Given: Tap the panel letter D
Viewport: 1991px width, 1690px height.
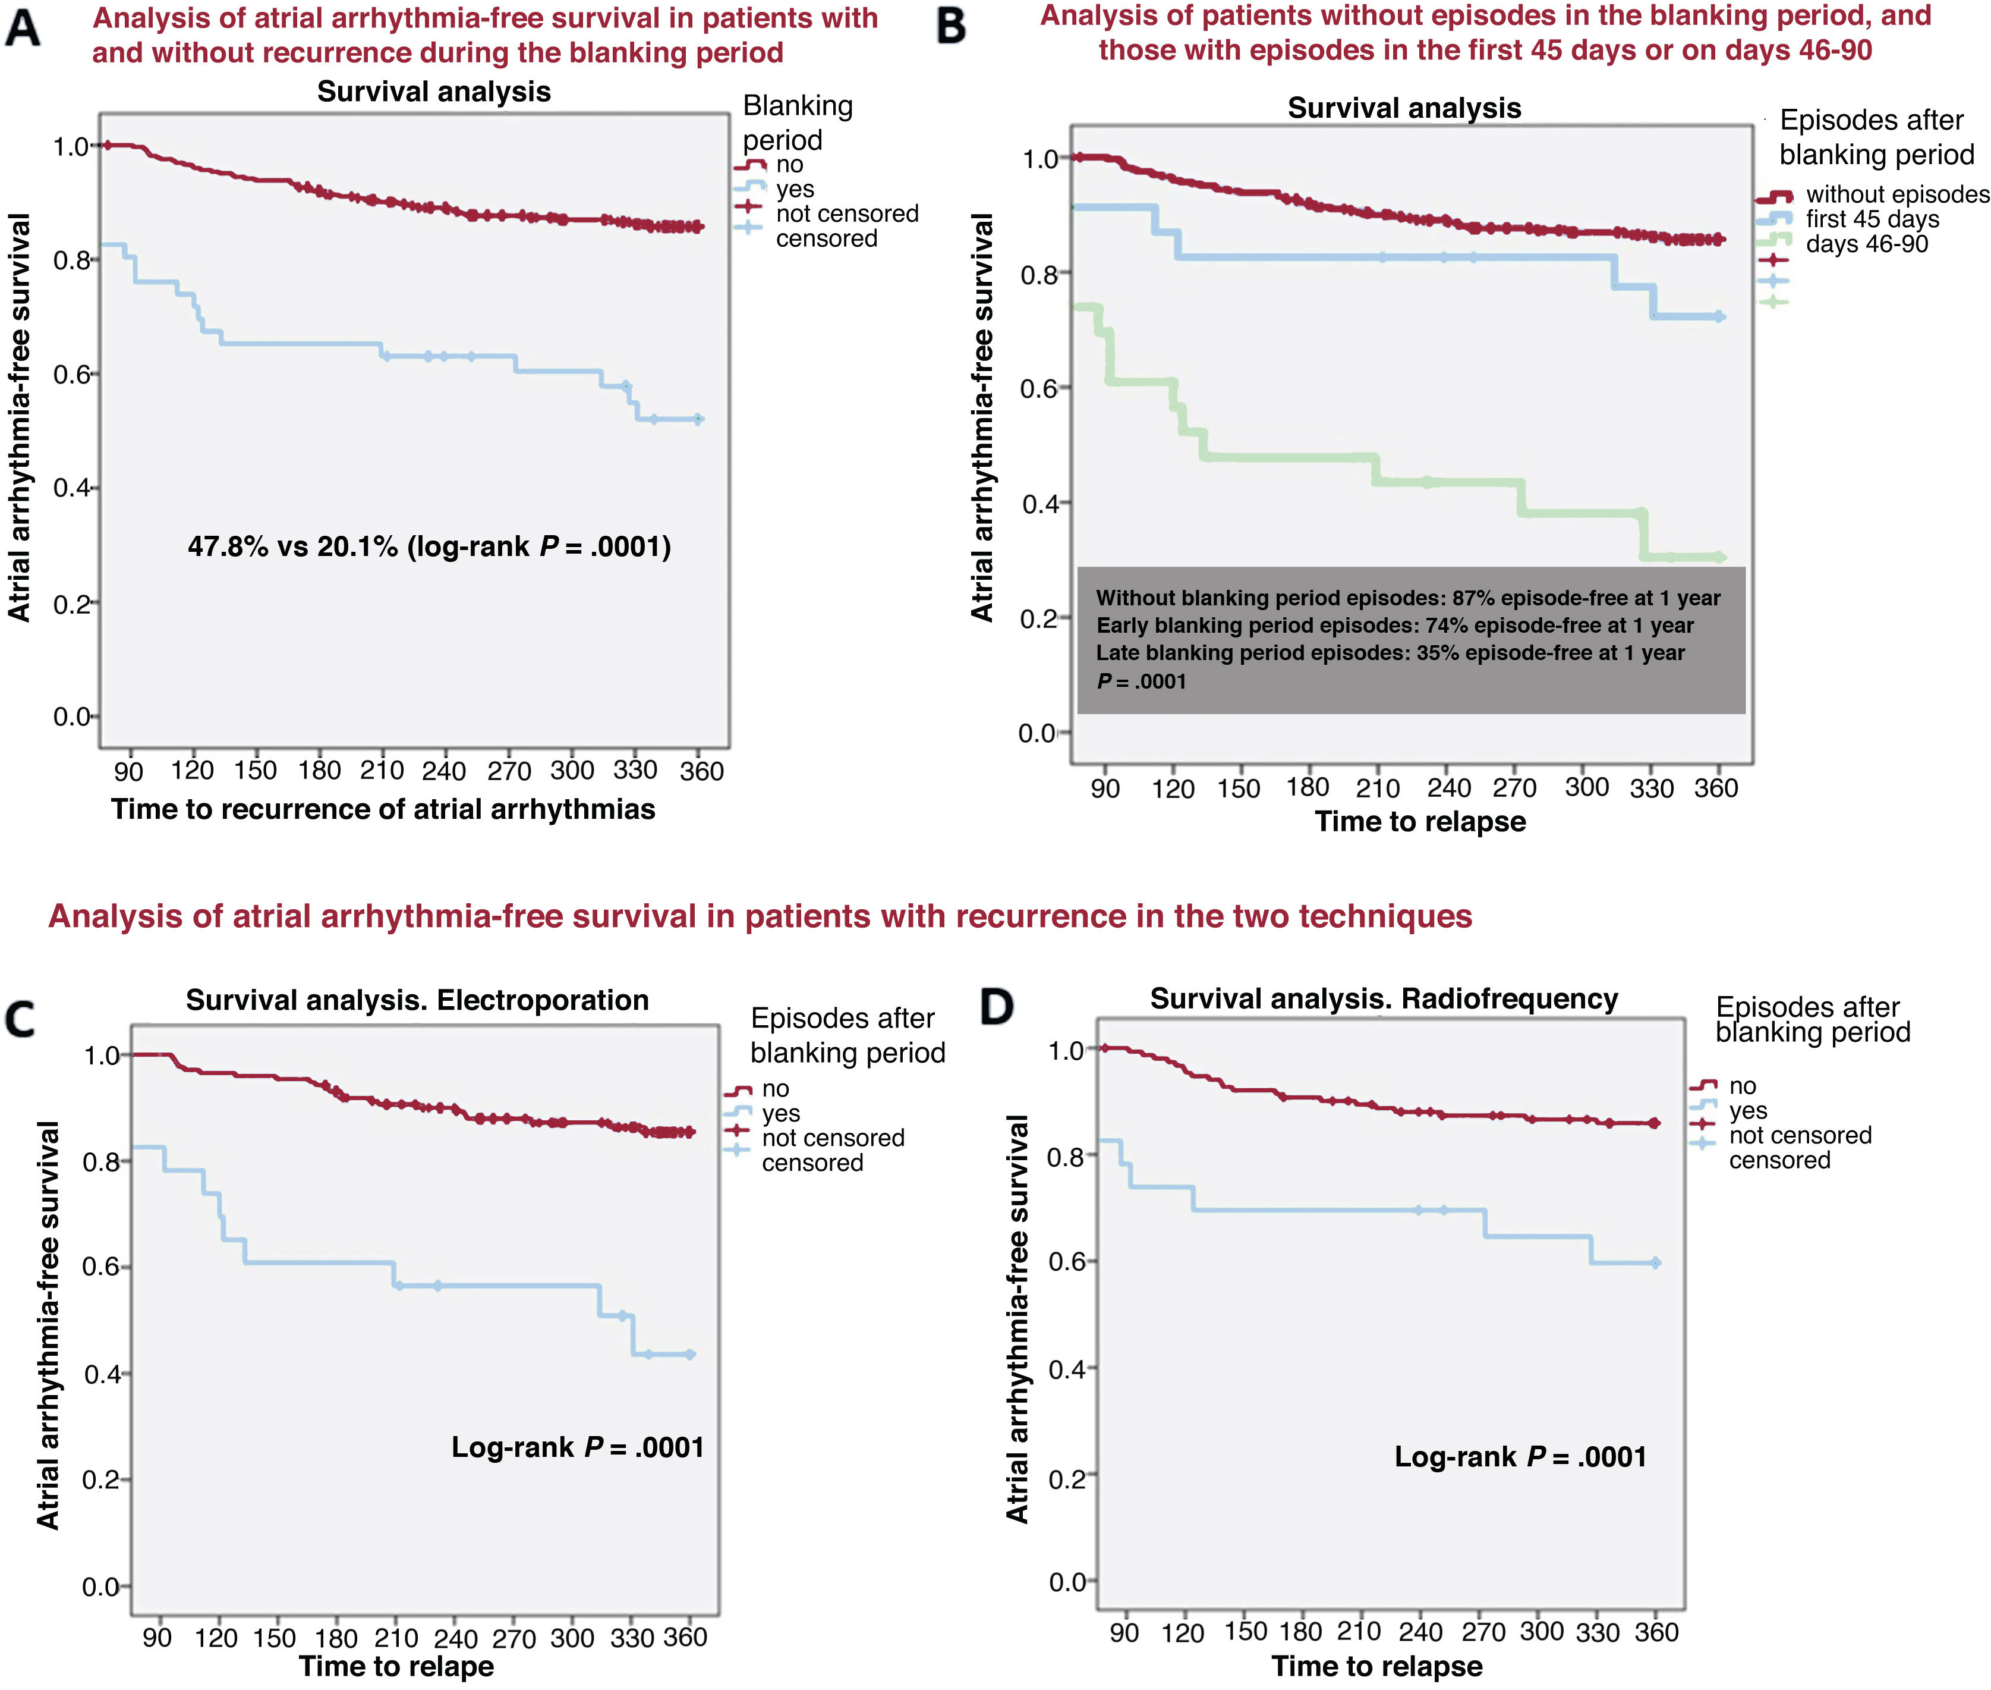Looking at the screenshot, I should (x=996, y=1007).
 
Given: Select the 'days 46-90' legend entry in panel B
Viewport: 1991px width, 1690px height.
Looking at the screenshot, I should (x=1866, y=244).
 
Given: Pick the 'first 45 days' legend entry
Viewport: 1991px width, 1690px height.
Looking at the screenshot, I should (x=1872, y=219).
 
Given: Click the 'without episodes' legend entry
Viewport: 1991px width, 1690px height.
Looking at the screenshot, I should (x=1896, y=194).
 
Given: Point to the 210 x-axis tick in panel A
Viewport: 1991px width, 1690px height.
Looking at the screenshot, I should (x=381, y=770).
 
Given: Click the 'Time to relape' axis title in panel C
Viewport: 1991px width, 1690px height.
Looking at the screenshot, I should (x=396, y=1666).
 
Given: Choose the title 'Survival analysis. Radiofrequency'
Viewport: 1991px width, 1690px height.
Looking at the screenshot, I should (x=1383, y=998).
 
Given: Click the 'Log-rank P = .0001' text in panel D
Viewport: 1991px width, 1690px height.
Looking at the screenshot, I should (x=1520, y=1457).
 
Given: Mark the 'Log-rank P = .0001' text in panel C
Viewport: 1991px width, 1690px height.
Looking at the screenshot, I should (x=578, y=1447).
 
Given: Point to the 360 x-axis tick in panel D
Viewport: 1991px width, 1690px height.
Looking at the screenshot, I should (x=1656, y=1632).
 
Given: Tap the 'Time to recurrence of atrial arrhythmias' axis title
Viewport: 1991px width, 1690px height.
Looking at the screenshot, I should (x=383, y=809).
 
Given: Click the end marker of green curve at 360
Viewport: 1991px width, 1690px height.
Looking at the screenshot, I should (x=1720, y=557).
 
